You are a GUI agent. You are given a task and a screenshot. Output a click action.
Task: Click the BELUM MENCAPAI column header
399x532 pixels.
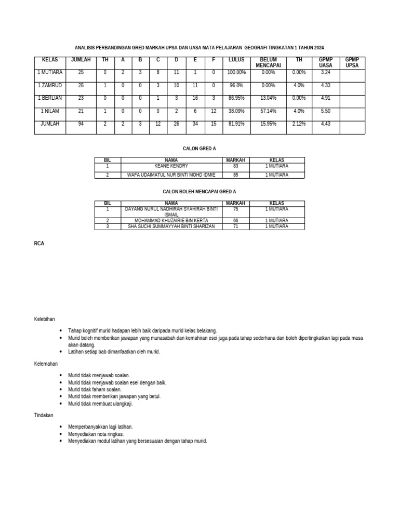click(x=268, y=62)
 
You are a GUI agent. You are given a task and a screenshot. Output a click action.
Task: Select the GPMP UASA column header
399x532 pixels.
click(x=326, y=62)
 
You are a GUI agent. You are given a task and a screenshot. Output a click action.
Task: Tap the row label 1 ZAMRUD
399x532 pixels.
click(x=50, y=85)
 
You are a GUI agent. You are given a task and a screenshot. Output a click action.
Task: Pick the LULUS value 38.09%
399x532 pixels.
click(x=236, y=111)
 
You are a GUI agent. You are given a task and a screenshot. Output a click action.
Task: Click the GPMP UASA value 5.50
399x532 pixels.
click(x=326, y=111)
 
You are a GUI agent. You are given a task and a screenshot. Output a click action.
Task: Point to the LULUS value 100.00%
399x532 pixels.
click(x=236, y=72)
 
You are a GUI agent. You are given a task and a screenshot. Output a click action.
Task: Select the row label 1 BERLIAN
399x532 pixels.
click(x=50, y=98)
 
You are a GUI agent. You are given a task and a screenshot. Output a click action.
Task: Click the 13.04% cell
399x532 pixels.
click(x=268, y=98)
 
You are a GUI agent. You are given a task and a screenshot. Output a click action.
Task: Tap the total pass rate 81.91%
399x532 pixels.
click(x=236, y=124)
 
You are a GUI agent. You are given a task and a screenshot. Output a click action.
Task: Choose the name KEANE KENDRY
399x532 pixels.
click(x=171, y=166)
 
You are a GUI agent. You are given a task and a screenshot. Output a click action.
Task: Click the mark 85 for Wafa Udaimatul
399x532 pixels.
click(x=235, y=175)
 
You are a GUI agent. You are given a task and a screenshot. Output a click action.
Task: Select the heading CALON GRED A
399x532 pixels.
click(x=199, y=149)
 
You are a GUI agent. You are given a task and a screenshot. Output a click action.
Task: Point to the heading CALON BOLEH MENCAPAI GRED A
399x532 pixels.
click(x=199, y=192)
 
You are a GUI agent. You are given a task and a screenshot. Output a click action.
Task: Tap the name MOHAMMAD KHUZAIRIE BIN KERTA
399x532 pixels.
click(x=171, y=221)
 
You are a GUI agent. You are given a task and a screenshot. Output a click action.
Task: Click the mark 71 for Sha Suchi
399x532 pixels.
click(x=235, y=227)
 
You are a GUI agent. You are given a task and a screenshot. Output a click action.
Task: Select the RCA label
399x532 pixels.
click(x=39, y=243)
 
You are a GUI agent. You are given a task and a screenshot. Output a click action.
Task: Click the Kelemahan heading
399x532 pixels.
click(x=46, y=364)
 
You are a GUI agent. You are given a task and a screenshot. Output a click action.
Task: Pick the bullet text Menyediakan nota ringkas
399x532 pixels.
click(x=96, y=434)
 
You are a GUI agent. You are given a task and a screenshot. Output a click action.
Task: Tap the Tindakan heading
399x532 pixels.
click(x=44, y=416)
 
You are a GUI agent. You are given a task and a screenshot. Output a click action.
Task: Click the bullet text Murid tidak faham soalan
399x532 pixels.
click(x=95, y=389)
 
